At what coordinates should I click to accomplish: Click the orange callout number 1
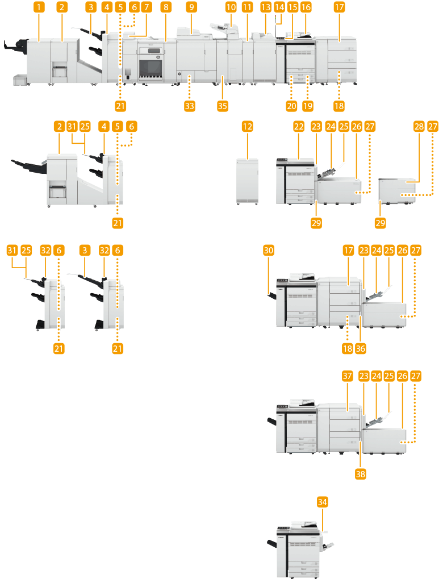(x=38, y=7)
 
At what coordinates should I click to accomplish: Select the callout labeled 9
(x=192, y=7)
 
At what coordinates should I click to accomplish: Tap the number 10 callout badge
(x=230, y=7)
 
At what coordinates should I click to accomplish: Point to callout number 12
(x=247, y=127)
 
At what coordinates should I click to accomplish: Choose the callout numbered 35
(x=222, y=106)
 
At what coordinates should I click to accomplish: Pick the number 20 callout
(x=291, y=106)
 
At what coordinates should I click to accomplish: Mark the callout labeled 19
(x=308, y=106)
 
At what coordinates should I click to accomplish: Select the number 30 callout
(x=269, y=250)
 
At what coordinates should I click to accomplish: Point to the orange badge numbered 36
(x=361, y=349)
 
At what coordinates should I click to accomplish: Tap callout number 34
(x=323, y=502)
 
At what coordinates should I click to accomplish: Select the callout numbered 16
(x=306, y=7)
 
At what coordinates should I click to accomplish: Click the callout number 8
(x=165, y=7)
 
